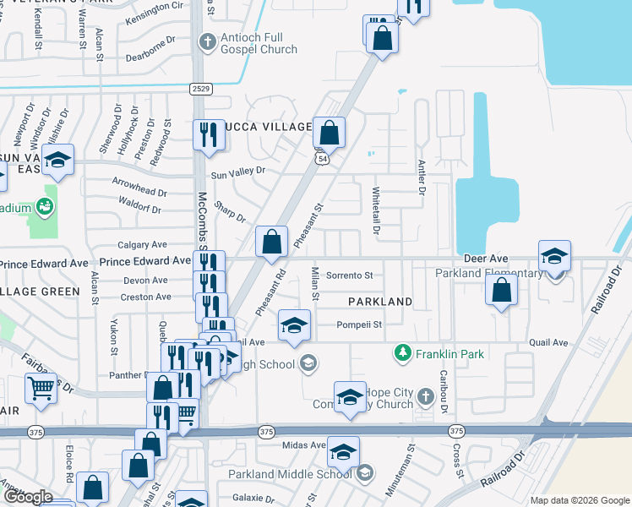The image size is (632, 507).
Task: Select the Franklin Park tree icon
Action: [x=405, y=352]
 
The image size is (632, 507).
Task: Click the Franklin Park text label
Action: [x=449, y=353]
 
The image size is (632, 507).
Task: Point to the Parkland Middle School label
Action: [x=300, y=474]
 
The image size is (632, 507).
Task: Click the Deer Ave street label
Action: [x=485, y=257]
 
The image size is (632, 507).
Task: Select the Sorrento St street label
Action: [x=350, y=275]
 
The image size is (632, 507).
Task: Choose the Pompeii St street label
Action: [x=362, y=324]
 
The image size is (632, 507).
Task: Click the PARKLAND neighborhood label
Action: [x=378, y=301]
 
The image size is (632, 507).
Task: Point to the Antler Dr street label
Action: [x=421, y=178]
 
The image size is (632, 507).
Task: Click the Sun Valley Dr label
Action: [x=238, y=172]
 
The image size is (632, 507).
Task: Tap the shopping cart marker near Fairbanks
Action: [x=41, y=388]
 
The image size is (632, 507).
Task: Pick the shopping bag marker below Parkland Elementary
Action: [x=502, y=290]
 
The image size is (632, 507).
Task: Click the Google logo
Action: [x=27, y=497]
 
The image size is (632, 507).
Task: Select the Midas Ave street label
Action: [x=305, y=445]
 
